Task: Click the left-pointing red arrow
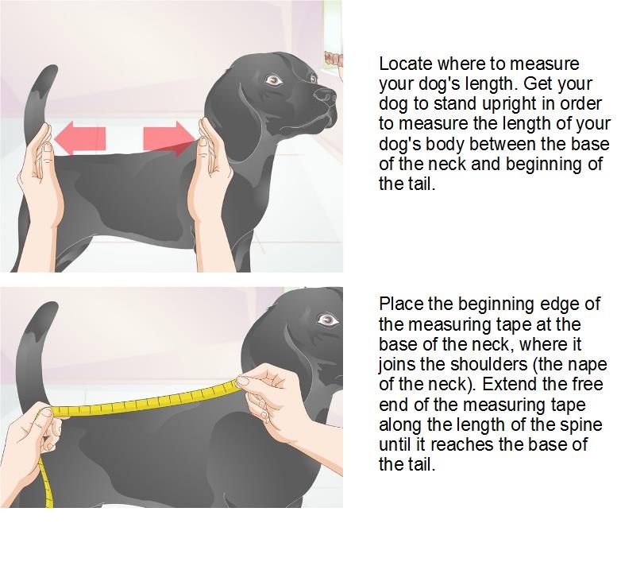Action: coord(80,138)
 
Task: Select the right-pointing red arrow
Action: coord(169,138)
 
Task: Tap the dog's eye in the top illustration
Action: coord(274,81)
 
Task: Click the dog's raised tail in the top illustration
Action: coord(37,104)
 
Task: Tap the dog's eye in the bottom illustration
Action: coord(328,320)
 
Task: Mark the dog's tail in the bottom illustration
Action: coord(36,353)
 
